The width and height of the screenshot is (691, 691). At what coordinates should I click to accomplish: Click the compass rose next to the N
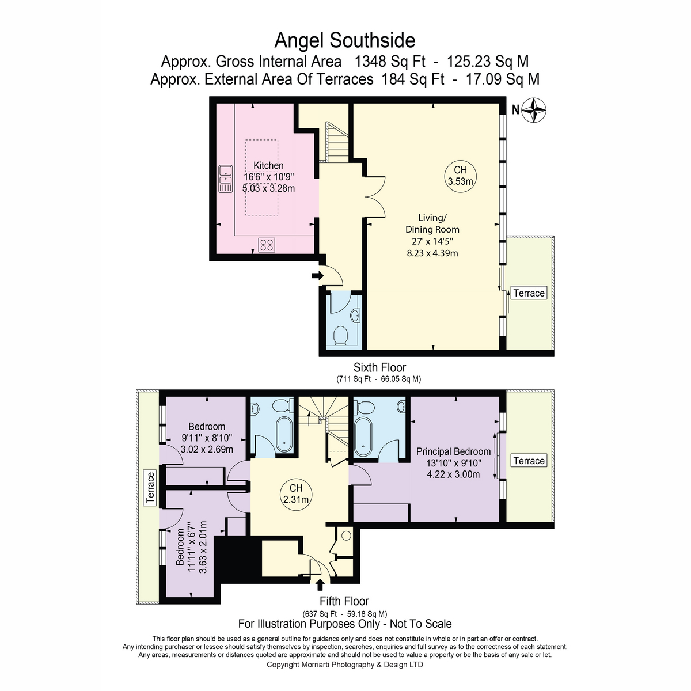click(x=533, y=110)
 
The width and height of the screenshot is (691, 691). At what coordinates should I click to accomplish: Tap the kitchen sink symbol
click(x=226, y=179)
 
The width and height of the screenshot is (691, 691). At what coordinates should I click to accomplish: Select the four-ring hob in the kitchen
click(x=267, y=245)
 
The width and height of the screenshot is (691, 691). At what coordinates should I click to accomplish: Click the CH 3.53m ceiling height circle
click(x=461, y=176)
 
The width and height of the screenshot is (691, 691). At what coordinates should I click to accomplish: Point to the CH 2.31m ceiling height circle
click(x=296, y=493)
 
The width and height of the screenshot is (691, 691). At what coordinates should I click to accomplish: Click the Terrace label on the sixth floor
click(x=529, y=293)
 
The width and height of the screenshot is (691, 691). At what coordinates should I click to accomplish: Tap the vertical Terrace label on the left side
click(x=150, y=488)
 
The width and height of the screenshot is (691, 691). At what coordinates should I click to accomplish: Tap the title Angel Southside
click(x=344, y=40)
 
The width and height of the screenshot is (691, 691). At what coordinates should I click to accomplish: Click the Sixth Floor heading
click(x=379, y=367)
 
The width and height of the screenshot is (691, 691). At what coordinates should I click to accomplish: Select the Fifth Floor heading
click(x=344, y=601)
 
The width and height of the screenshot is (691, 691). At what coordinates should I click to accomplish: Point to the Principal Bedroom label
click(x=453, y=451)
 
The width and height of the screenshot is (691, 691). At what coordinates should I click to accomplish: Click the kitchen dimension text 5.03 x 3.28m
click(x=268, y=188)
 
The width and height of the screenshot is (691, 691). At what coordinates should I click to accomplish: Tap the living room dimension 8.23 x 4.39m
click(x=432, y=253)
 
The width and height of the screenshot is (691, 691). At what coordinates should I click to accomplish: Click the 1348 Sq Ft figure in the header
click(x=390, y=62)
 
